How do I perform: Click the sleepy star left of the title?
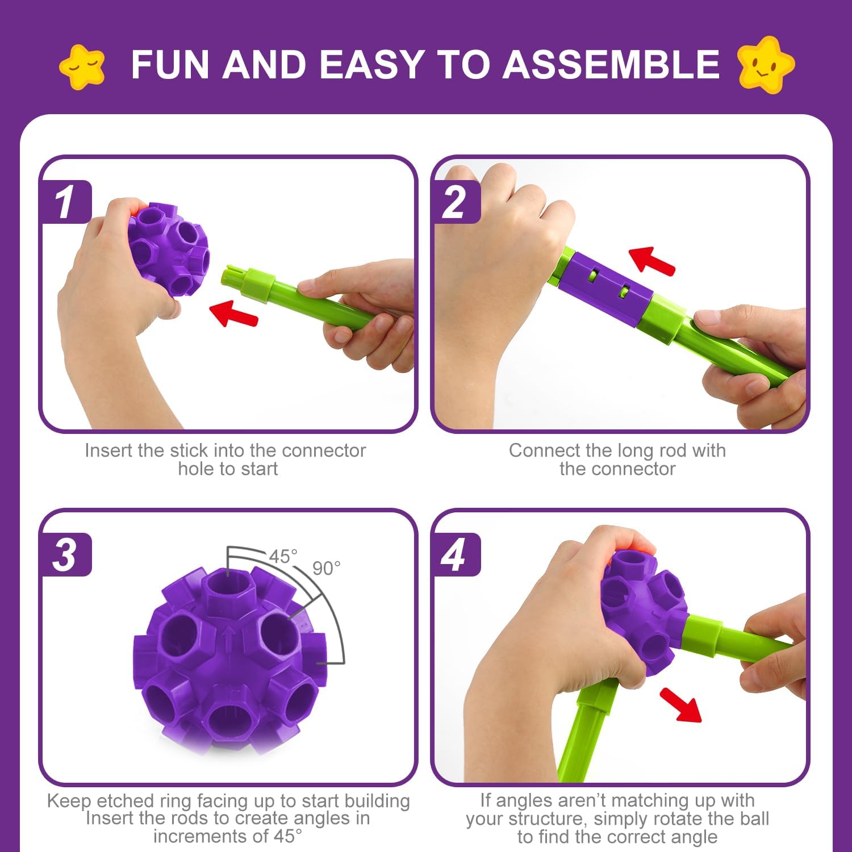click(x=82, y=67)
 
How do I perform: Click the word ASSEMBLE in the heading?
click(x=611, y=64)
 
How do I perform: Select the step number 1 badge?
click(x=65, y=202)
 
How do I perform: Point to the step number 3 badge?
click(x=65, y=555)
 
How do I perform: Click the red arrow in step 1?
click(x=233, y=314)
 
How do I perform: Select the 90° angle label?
click(x=327, y=568)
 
